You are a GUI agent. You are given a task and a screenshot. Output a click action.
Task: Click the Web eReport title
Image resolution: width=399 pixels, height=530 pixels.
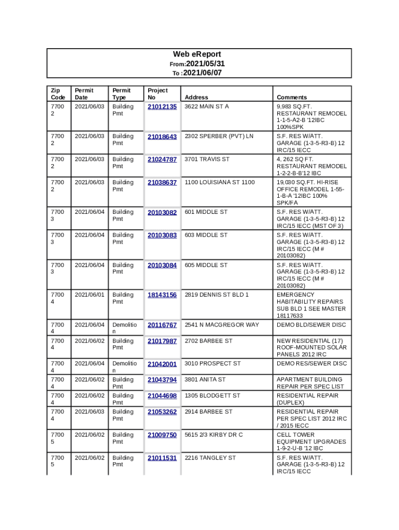[197, 54]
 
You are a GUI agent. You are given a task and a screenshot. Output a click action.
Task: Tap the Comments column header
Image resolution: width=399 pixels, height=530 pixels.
[292, 97]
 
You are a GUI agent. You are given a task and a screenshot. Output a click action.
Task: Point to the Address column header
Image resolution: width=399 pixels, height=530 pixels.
[196, 97]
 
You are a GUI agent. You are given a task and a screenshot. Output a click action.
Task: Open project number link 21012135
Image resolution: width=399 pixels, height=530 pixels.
[162, 107]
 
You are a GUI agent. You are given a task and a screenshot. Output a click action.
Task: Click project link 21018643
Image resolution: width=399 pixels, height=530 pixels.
[162, 137]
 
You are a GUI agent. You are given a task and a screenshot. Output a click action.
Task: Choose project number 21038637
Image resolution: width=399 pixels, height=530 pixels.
[162, 183]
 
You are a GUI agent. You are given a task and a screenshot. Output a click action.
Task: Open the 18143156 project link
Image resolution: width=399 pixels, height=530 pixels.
[162, 295]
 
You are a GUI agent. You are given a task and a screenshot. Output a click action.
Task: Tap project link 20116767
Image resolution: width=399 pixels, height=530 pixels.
[162, 325]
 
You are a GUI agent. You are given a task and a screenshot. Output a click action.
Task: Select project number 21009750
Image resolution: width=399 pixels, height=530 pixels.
[162, 435]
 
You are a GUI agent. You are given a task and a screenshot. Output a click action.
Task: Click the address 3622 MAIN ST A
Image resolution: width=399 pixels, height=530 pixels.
[207, 107]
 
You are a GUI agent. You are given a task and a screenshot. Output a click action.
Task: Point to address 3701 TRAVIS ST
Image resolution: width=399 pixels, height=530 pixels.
[207, 159]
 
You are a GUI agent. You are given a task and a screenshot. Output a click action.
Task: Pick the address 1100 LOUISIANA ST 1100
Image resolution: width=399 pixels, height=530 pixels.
[220, 182]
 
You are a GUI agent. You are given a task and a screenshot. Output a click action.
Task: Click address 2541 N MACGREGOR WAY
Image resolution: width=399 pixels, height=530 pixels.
[222, 325]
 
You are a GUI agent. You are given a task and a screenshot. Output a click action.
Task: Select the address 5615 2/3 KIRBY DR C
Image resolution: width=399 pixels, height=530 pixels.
[213, 435]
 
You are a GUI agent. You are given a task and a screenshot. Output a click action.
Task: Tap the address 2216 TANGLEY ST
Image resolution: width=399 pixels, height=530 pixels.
[210, 458]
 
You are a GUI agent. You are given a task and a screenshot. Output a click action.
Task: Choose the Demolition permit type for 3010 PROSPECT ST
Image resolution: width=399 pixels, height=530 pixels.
[124, 367]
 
